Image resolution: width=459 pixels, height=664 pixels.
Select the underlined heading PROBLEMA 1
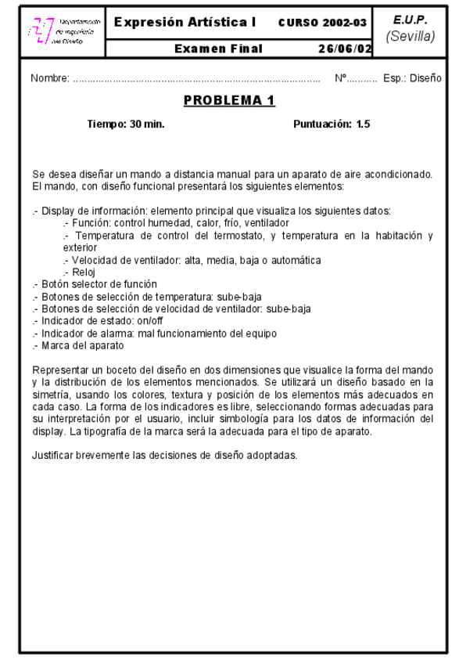pos(230,102)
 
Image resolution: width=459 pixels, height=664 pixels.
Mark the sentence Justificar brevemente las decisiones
pos(164,454)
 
